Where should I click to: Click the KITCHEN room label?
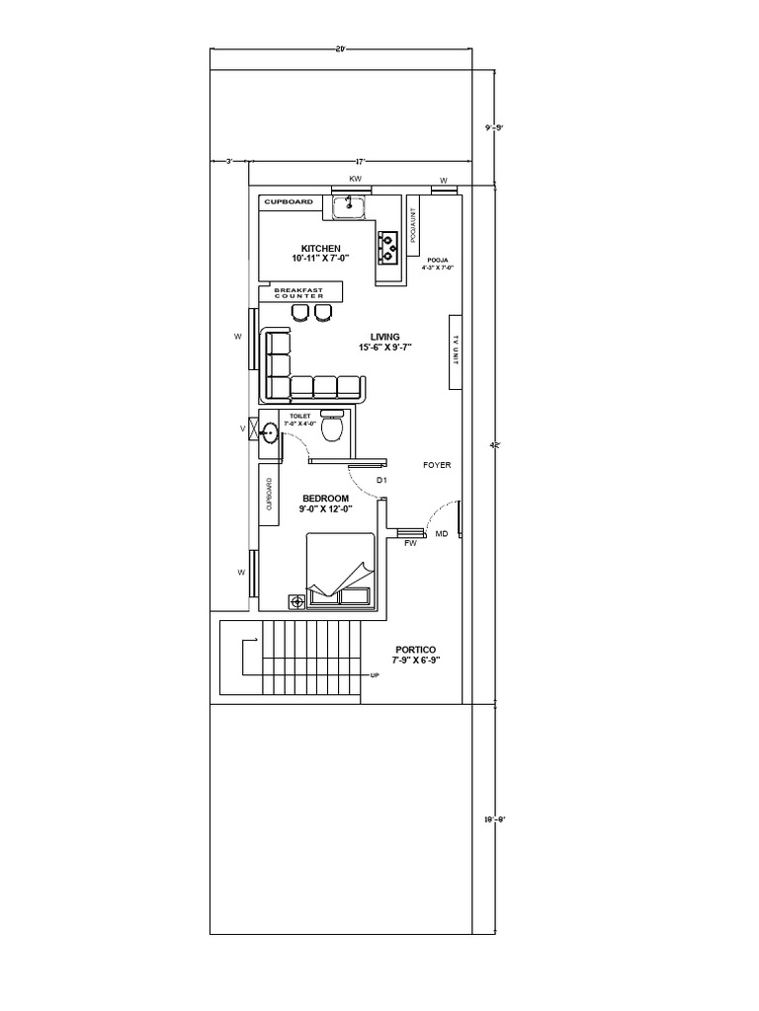[321, 248]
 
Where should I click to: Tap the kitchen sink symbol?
[349, 207]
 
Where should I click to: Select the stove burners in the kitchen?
[387, 247]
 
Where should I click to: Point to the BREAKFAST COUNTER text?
[299, 293]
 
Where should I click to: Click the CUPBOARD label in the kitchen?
[289, 202]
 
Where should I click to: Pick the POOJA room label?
[438, 260]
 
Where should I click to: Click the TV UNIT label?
[456, 350]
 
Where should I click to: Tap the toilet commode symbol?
[334, 428]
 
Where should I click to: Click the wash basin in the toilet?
[270, 430]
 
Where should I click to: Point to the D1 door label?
[382, 481]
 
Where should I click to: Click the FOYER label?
[437, 464]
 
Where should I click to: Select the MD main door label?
[442, 534]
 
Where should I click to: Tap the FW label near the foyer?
[410, 543]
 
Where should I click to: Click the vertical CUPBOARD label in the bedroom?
[268, 495]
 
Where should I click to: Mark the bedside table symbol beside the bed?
[295, 599]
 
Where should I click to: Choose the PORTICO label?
[415, 650]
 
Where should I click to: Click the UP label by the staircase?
[375, 676]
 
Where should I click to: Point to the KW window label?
[355, 179]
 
